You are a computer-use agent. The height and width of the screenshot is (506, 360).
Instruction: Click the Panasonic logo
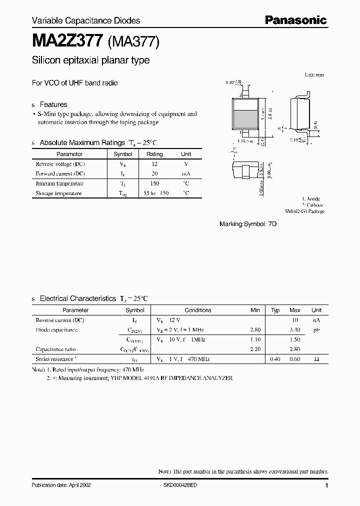(x=295, y=20)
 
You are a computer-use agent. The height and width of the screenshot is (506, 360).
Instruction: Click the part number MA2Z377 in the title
(x=67, y=40)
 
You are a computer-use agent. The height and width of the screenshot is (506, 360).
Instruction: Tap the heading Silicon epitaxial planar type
(x=90, y=60)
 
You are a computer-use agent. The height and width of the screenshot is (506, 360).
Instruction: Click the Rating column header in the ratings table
(x=154, y=154)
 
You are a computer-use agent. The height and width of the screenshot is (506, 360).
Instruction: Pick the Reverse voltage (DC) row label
(x=60, y=164)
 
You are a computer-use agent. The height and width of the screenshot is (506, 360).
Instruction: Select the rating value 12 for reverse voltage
(x=154, y=164)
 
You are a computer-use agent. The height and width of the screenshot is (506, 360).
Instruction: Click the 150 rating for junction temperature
(x=154, y=183)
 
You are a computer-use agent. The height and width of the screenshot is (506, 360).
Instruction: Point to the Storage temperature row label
(x=58, y=193)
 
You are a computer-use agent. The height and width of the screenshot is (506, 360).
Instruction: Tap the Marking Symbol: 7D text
(x=248, y=224)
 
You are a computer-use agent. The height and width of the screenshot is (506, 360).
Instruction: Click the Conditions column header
(x=198, y=310)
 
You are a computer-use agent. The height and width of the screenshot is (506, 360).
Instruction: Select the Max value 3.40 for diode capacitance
(x=294, y=329)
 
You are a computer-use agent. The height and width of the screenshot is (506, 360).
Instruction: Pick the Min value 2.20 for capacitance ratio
(x=255, y=349)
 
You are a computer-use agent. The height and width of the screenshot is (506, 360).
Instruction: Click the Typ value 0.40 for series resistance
(x=275, y=359)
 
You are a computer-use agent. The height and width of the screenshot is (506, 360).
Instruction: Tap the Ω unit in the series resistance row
(x=316, y=359)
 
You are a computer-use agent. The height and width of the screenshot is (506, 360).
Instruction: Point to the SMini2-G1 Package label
(x=304, y=211)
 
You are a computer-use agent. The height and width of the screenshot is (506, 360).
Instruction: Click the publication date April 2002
(x=61, y=485)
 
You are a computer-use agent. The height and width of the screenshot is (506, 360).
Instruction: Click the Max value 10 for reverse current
(x=295, y=319)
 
